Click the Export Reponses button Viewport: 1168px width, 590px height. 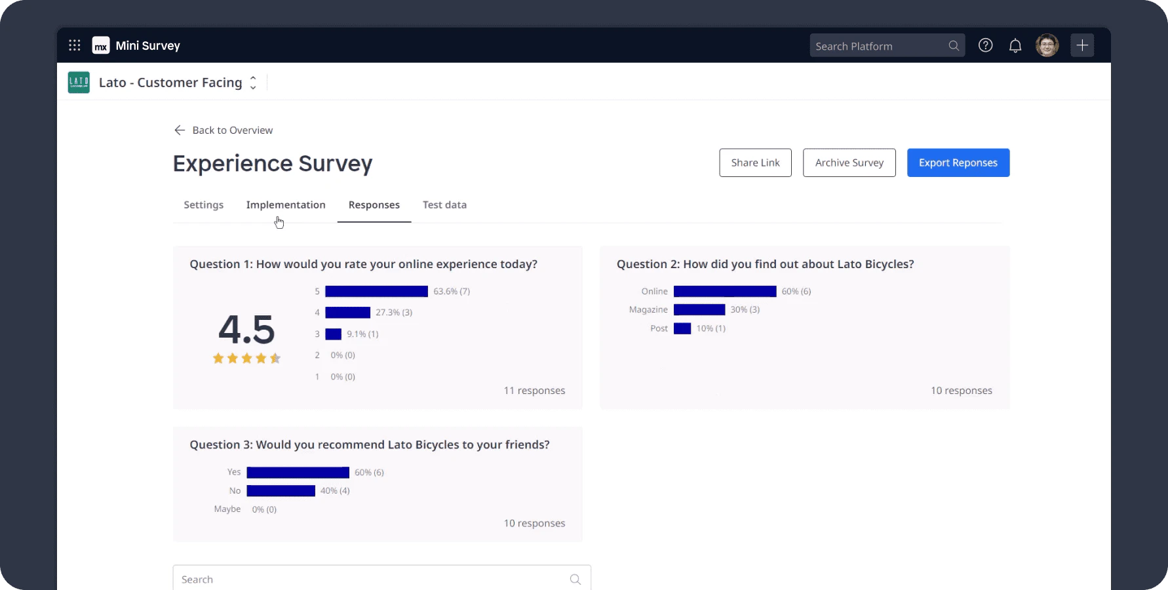pyautogui.click(x=958, y=163)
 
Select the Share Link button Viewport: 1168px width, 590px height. pyautogui.click(x=755, y=163)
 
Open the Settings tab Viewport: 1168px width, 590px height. pyautogui.click(x=203, y=205)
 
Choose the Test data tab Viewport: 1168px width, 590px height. pyautogui.click(x=444, y=205)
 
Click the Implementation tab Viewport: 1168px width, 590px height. pyautogui.click(x=286, y=205)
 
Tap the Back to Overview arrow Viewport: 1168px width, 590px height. pyautogui.click(x=180, y=130)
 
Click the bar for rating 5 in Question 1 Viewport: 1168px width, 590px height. pyautogui.click(x=376, y=291)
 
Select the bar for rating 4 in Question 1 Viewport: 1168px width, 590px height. pyautogui.click(x=347, y=313)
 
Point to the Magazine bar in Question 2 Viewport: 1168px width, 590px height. pyautogui.click(x=699, y=309)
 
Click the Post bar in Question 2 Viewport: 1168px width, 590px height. pyautogui.click(x=682, y=328)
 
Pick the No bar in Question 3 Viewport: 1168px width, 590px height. pyautogui.click(x=281, y=490)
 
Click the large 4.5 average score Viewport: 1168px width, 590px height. pyautogui.click(x=246, y=329)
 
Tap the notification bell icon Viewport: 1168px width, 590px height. pyautogui.click(x=1015, y=45)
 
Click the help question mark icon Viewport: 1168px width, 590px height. pyautogui.click(x=985, y=45)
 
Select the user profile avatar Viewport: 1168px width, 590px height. pyautogui.click(x=1047, y=45)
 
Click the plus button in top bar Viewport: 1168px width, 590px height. pyautogui.click(x=1082, y=45)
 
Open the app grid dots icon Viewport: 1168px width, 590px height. pyautogui.click(x=75, y=45)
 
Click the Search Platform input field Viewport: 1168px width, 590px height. pyautogui.click(x=878, y=46)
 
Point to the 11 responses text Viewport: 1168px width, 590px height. pyautogui.click(x=534, y=391)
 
